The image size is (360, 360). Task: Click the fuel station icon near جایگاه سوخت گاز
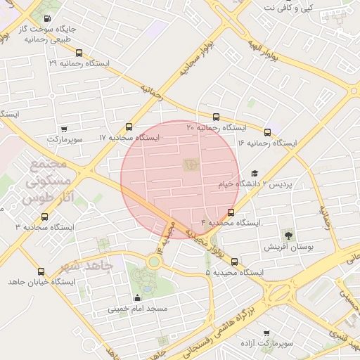[46, 18]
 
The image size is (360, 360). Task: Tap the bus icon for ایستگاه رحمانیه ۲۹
[79, 52]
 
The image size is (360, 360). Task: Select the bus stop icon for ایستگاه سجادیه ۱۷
[129, 127]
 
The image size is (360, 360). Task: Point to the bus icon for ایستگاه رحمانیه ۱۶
[267, 131]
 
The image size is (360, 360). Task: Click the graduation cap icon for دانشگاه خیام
[255, 173]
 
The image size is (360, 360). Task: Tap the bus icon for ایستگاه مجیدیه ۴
[231, 212]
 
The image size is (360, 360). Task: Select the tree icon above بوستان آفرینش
[288, 235]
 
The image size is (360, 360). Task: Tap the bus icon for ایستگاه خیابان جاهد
[41, 271]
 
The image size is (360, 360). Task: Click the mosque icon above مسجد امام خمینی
[136, 298]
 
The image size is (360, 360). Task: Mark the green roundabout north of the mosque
[153, 262]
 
